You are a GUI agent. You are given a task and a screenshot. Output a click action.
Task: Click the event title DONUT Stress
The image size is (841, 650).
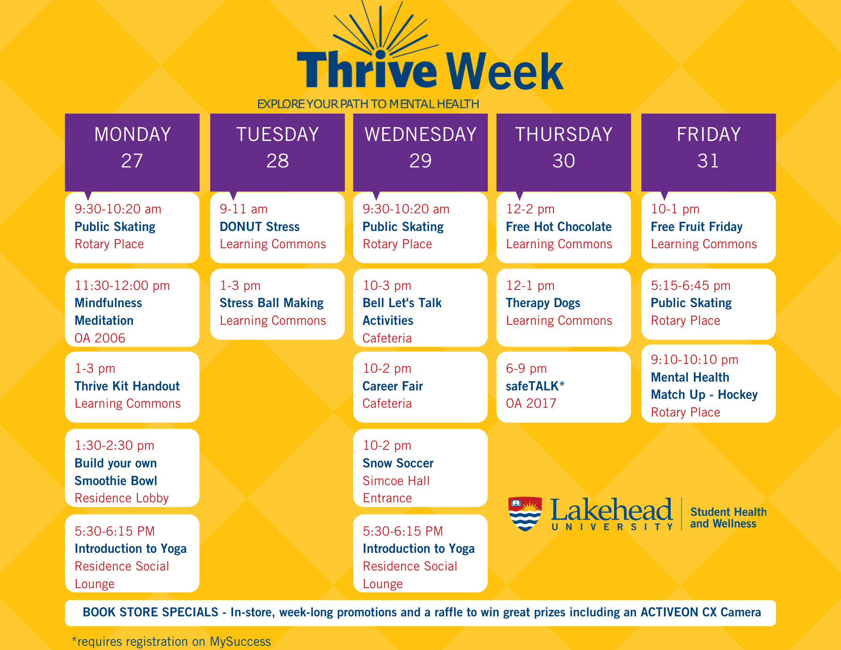coord(259,227)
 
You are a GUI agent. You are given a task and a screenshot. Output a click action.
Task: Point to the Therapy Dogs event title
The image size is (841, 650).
coord(543,303)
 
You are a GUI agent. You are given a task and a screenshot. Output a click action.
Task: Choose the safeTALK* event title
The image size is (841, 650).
coord(535,386)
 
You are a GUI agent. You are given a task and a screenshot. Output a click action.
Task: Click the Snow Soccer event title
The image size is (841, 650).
coord(398,463)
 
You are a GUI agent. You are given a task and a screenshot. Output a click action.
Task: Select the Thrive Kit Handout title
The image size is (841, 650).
coord(127,386)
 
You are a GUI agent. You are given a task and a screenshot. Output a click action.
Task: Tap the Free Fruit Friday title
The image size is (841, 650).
coord(696,227)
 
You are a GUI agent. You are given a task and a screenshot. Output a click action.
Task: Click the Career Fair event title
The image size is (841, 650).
coord(393,386)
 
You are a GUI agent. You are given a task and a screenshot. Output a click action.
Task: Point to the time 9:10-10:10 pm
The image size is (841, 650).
coord(694,360)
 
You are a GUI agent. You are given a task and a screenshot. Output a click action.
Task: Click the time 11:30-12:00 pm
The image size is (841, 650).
coord(122,286)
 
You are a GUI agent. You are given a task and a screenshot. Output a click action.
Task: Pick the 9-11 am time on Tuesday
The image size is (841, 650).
coord(243,209)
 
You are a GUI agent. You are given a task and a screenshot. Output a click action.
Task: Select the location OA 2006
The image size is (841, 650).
coord(100,338)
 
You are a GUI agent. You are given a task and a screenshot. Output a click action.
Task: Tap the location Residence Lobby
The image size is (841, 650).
coord(122,499)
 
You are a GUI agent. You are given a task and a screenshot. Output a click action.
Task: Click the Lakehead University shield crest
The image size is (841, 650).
coord(525,513)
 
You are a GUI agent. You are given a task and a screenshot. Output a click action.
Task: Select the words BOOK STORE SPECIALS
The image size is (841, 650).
coord(151,612)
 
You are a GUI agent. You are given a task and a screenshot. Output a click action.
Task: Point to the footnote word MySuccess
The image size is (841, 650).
coord(240,642)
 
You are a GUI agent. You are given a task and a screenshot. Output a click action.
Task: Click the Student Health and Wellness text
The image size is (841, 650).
coord(728,518)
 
